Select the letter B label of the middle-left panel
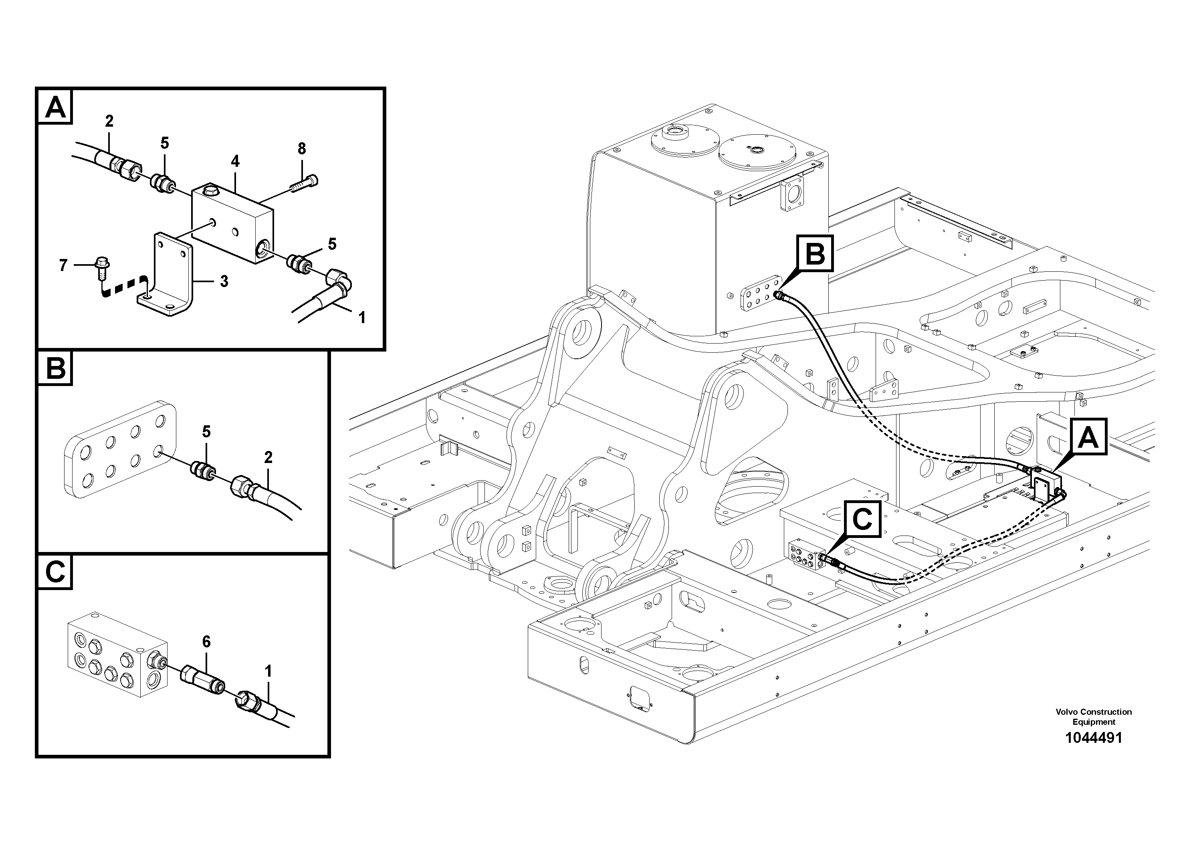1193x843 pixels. [x=56, y=368]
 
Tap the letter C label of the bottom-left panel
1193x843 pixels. [x=55, y=572]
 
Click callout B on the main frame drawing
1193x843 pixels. [x=815, y=254]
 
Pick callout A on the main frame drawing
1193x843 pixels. [x=1088, y=437]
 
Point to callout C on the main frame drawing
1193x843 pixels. [x=862, y=519]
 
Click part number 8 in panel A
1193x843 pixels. [x=302, y=149]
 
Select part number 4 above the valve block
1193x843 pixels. [x=235, y=162]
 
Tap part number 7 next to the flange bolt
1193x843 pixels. [x=63, y=266]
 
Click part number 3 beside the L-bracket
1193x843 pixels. [x=224, y=281]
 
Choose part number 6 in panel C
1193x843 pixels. [x=206, y=642]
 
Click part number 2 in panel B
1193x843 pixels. [x=268, y=457]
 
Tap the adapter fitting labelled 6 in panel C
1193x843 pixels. [x=202, y=681]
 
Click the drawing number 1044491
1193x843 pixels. [x=1093, y=738]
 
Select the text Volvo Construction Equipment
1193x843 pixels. [x=1093, y=717]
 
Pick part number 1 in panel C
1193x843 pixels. [x=268, y=672]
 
